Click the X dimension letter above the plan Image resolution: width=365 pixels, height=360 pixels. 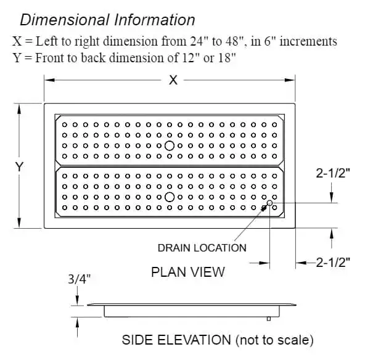[173, 80]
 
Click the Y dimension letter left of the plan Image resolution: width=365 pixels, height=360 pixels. [19, 166]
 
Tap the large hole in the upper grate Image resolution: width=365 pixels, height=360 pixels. [170, 145]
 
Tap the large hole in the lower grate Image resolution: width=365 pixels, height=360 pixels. [170, 197]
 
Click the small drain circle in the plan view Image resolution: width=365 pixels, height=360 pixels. [269, 203]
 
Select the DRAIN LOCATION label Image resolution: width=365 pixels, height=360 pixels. [202, 248]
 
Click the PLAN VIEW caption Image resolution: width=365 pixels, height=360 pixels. [188, 272]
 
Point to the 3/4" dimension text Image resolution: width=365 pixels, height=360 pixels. [79, 279]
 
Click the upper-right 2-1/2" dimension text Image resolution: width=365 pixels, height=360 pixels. [333, 173]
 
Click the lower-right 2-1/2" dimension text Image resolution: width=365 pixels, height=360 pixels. [333, 262]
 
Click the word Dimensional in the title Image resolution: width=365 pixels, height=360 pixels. [65, 20]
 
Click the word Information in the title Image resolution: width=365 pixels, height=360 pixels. [155, 20]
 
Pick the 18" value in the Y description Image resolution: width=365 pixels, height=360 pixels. [227, 57]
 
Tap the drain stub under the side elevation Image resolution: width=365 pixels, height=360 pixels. [269, 319]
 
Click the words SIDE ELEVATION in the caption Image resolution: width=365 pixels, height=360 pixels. [176, 340]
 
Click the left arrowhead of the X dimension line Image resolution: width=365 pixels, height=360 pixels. [49, 80]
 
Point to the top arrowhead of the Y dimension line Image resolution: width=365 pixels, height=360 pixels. [19, 109]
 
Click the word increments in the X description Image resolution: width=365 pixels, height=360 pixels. [308, 41]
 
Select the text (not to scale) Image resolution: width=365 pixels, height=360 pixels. [274, 340]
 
